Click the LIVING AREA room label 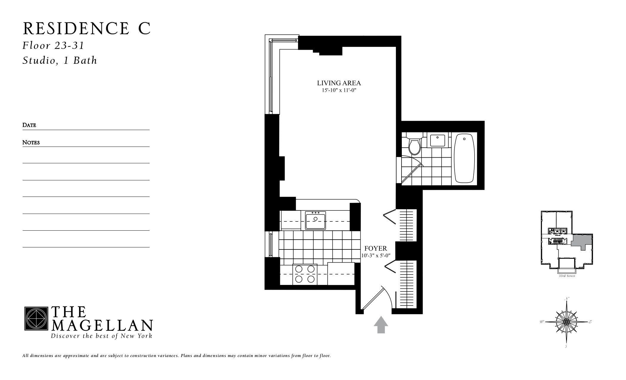pyautogui.click(x=339, y=83)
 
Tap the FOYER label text pyautogui.click(x=376, y=248)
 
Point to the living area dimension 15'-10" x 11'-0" pyautogui.click(x=339, y=90)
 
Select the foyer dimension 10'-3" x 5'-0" pyautogui.click(x=376, y=255)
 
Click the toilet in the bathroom pyautogui.click(x=414, y=146)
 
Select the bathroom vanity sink pyautogui.click(x=437, y=141)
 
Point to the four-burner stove pyautogui.click(x=305, y=274)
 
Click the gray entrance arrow pyautogui.click(x=381, y=325)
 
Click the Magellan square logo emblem pyautogui.click(x=36, y=318)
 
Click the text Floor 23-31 pyautogui.click(x=54, y=46)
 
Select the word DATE pyautogui.click(x=29, y=125)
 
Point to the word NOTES pyautogui.click(x=31, y=142)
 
